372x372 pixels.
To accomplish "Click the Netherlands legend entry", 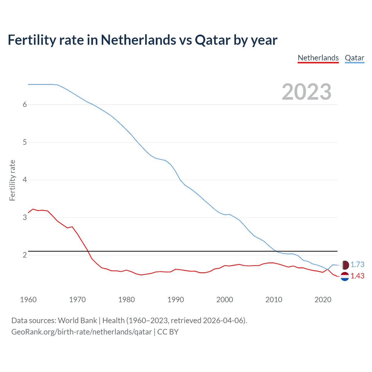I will [318, 58].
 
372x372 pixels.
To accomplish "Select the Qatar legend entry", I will [354, 58].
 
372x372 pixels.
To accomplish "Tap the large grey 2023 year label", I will [307, 92].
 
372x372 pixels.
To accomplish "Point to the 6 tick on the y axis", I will [25, 105].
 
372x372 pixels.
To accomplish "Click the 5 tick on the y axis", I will [25, 142].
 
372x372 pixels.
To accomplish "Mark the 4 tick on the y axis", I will [25, 180].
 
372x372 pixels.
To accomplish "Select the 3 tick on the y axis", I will [25, 217].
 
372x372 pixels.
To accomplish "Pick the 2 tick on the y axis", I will [25, 255].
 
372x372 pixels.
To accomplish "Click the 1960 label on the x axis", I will [28, 300].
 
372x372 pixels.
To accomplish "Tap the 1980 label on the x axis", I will [126, 300].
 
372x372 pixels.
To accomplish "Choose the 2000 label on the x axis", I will [225, 300].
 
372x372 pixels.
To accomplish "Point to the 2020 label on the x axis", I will [323, 300].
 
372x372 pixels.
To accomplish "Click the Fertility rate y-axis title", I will [12, 180].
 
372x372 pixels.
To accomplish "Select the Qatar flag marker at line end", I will [345, 265].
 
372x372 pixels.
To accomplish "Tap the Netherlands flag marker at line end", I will [345, 276].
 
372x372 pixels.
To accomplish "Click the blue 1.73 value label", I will [357, 264].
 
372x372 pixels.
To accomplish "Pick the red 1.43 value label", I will [357, 276].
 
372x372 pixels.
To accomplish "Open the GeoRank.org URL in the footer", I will [81, 332].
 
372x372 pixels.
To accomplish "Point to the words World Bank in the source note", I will [77, 321].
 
